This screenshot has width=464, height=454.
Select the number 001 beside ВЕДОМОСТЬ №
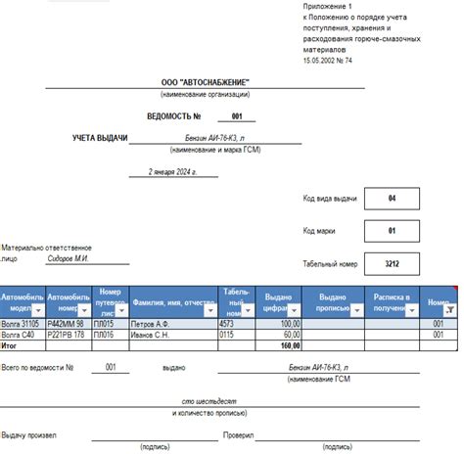(236, 116)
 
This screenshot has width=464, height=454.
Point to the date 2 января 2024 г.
(172, 171)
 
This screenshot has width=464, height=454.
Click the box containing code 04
(392, 199)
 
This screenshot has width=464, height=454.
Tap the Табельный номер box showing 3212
(392, 264)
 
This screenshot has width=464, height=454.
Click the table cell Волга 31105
(21, 323)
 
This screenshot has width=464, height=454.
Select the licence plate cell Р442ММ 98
(67, 323)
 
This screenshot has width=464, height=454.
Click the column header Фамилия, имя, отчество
(173, 303)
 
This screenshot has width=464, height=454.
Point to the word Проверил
(238, 433)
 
